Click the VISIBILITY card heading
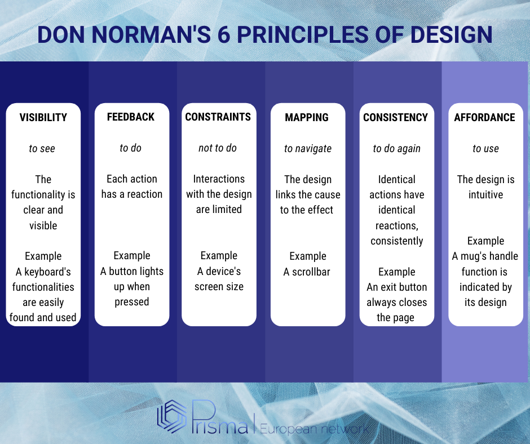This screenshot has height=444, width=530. click(43, 117)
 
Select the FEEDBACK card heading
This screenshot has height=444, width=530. click(131, 117)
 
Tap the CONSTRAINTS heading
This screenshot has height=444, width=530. click(218, 117)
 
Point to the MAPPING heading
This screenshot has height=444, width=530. click(307, 117)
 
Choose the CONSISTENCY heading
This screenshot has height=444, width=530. click(395, 117)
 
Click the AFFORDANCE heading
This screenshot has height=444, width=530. click(485, 117)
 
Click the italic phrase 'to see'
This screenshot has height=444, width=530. click(42, 148)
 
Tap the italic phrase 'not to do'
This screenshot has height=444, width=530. click(218, 148)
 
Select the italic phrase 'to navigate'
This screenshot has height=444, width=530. click(308, 149)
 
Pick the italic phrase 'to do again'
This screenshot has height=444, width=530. click(397, 149)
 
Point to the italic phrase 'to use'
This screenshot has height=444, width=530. click(485, 148)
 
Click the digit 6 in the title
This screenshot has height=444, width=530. click(224, 34)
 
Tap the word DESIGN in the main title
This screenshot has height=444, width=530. click(451, 34)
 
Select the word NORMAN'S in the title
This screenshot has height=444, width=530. click(151, 34)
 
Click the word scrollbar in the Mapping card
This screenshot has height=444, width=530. click(311, 272)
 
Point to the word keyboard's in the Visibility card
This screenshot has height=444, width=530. click(47, 272)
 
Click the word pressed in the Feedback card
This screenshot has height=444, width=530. click(132, 302)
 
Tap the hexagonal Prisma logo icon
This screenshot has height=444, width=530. click(172, 416)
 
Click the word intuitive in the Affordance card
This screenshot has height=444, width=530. click(485, 194)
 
